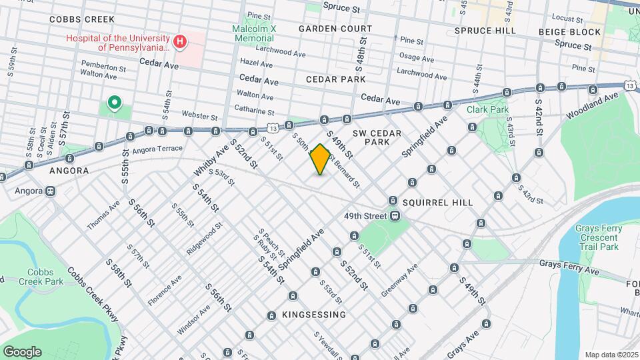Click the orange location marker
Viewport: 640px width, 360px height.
pos(320,159)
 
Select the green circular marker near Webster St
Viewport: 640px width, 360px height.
pos(114,103)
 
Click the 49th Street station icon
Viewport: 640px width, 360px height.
pos(395,216)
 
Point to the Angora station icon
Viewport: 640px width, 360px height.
pos(50,191)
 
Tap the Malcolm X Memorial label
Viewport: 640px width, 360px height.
pos(254,33)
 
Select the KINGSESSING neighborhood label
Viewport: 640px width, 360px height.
pos(313,315)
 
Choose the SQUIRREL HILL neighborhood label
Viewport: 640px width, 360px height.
pos(438,203)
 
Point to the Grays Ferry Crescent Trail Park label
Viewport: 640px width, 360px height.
pos(597,237)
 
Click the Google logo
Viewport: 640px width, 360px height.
pos(22,351)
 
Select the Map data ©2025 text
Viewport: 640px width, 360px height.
pos(611,355)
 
